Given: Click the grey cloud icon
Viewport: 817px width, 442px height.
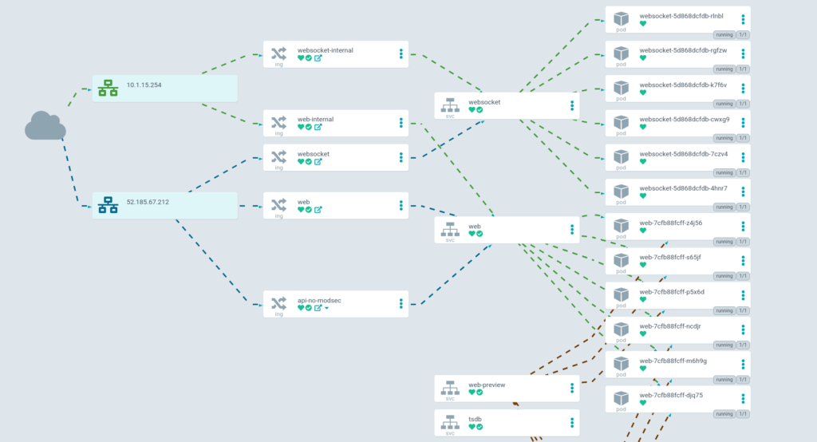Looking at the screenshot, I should [45, 125].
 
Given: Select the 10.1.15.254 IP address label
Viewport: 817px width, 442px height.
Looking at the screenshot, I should [144, 85].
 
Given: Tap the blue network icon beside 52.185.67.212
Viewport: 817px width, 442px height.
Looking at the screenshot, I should [108, 206].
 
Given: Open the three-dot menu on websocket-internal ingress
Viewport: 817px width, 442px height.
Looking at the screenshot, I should [401, 54].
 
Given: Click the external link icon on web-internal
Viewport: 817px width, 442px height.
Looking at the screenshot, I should [318, 127].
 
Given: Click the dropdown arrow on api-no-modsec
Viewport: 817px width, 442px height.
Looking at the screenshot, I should [327, 308].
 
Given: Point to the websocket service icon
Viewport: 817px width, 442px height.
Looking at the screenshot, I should [449, 104].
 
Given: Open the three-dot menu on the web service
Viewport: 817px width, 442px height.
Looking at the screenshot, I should [572, 230].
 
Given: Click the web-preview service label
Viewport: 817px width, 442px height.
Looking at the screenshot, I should [487, 385].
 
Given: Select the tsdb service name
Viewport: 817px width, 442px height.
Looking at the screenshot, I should [475, 419].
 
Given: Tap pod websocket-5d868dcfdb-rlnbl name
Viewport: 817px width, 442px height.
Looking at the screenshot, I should [682, 15].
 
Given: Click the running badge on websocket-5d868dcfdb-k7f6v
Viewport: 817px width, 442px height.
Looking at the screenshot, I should [724, 104].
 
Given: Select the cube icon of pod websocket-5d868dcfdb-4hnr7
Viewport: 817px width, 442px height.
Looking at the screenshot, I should [622, 189].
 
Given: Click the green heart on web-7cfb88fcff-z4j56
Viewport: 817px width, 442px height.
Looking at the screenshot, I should [643, 231].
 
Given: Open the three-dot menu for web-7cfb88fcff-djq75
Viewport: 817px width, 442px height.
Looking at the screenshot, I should [743, 398].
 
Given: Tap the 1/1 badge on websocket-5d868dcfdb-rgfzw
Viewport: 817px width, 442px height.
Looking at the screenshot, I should [743, 69].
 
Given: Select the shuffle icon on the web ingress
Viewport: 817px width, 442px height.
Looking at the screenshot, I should [278, 205].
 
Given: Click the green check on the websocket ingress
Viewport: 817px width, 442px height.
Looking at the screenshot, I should [309, 161].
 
